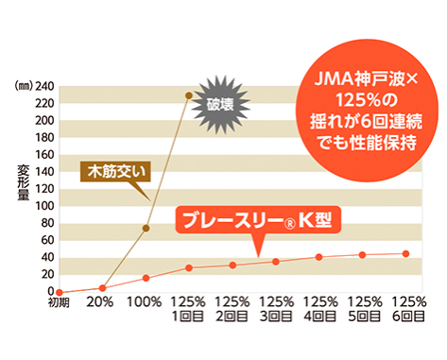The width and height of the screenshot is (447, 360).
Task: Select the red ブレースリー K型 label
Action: click(257, 225)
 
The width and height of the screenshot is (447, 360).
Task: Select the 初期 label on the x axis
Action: click(59, 303)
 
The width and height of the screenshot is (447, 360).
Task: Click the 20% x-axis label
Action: click(101, 303)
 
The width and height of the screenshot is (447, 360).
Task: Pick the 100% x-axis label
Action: click(145, 303)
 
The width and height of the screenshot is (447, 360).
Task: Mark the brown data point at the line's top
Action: click(188, 96)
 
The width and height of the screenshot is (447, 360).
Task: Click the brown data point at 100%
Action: click(146, 228)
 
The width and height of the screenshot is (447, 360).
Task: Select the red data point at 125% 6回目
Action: click(406, 253)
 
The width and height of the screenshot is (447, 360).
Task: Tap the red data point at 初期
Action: click(59, 292)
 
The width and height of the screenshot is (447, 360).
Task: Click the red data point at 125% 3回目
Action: click(276, 262)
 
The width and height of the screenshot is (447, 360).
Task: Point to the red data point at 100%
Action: click(146, 278)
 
